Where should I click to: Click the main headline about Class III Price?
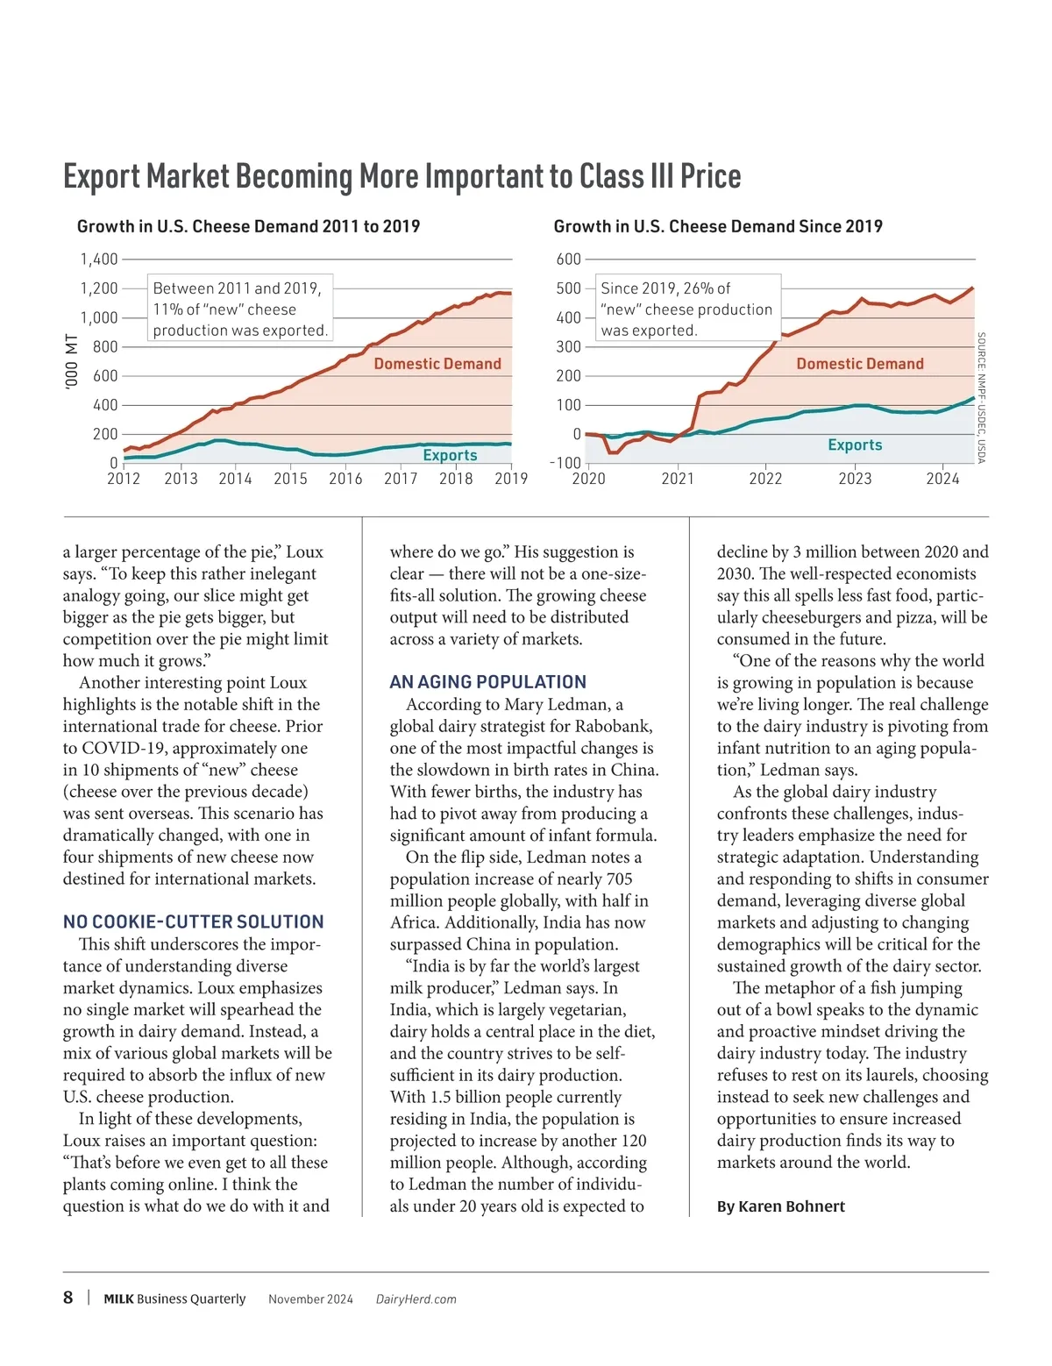point(402,176)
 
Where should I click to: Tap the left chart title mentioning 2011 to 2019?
point(248,226)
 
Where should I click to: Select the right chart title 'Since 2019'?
point(717,226)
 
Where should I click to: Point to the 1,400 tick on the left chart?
point(99,260)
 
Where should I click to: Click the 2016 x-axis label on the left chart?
point(345,479)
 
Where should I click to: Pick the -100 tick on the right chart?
point(565,463)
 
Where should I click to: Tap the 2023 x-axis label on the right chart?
point(855,479)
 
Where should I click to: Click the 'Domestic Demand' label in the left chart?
point(437,364)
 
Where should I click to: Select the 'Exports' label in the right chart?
point(855,445)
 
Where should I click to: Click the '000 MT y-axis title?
point(72,361)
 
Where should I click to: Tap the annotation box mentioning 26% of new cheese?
point(686,309)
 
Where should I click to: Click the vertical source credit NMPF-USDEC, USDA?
point(981,397)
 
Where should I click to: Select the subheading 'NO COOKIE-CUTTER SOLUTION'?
point(193,921)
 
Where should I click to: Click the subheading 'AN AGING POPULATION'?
point(487,682)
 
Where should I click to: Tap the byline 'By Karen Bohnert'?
point(780,1206)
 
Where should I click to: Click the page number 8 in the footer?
point(68,1298)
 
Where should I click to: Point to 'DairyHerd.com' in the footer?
point(416,1299)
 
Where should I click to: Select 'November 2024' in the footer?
point(310,1299)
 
